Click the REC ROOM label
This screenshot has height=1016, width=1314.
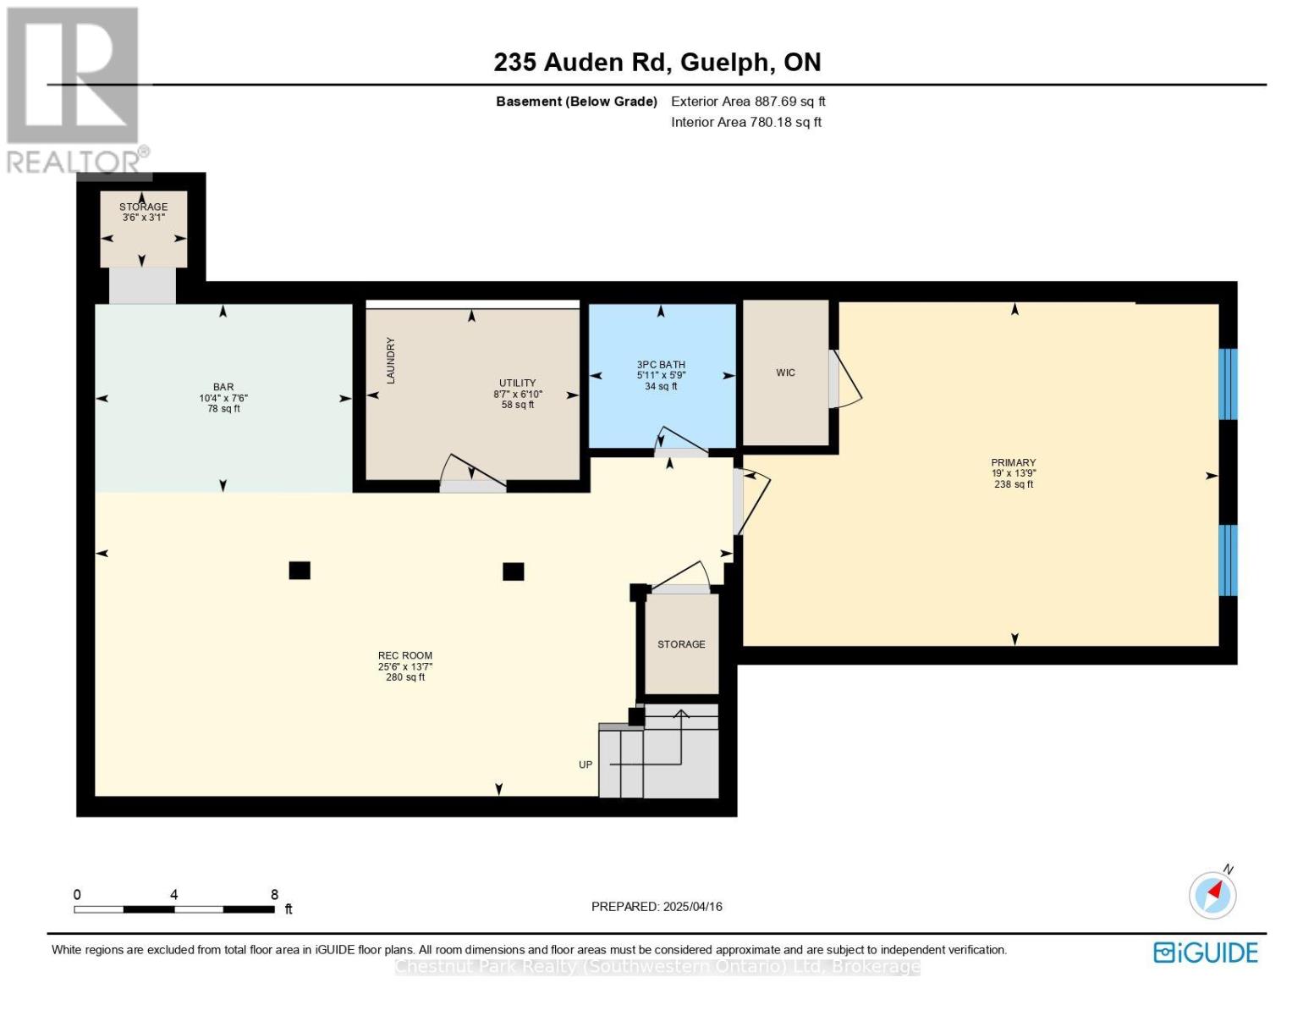(x=405, y=655)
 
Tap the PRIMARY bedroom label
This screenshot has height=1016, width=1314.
(x=1014, y=462)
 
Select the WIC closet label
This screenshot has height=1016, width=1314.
(x=785, y=373)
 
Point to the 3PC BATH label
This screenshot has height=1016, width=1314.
(x=661, y=364)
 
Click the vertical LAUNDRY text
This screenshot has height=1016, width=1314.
(x=391, y=361)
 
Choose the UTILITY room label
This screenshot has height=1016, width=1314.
(x=517, y=383)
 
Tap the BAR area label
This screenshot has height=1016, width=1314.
(x=223, y=387)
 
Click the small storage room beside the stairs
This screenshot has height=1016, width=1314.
(x=681, y=643)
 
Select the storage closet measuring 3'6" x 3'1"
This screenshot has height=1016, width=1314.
(x=143, y=229)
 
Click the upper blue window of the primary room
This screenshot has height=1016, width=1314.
(x=1228, y=384)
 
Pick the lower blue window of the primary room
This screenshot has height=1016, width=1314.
(x=1228, y=560)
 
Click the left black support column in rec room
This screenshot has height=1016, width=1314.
(x=300, y=571)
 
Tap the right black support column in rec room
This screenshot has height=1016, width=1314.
(x=514, y=571)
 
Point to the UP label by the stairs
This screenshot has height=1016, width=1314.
(x=586, y=765)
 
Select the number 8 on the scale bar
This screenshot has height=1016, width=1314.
(x=274, y=894)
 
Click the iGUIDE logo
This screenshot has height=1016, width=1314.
(x=1206, y=952)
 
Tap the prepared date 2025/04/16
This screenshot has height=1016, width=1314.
(x=692, y=907)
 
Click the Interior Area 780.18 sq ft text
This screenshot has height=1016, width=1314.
(x=746, y=122)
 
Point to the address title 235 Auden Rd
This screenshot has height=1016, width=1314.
(x=580, y=63)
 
